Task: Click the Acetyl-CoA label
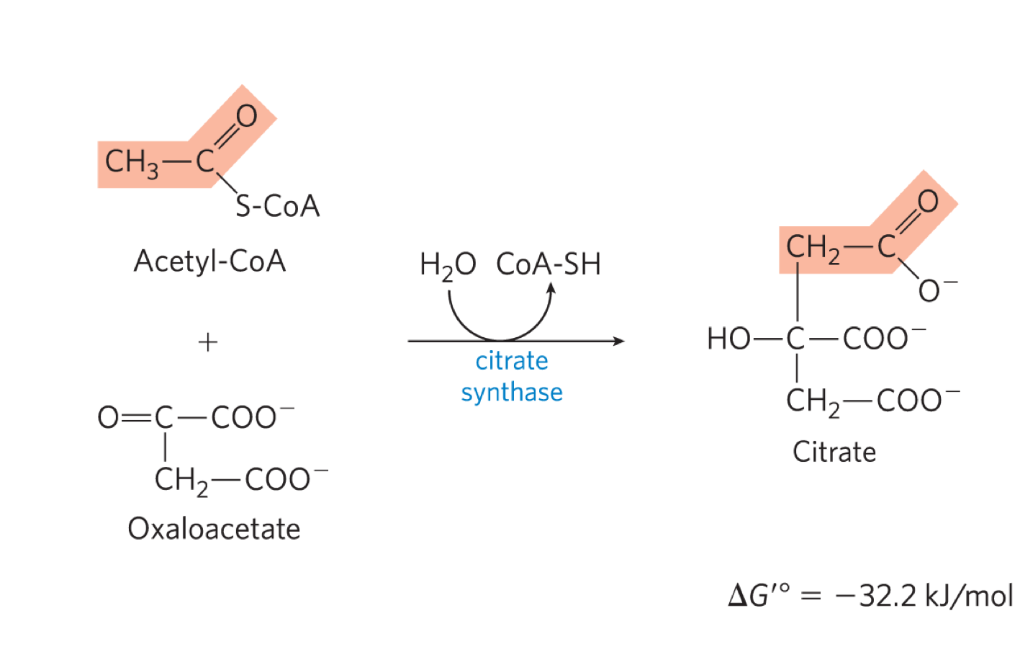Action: (209, 261)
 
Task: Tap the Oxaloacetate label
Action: (214, 529)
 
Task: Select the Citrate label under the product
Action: (834, 452)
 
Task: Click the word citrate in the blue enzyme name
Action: (512, 360)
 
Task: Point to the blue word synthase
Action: (512, 393)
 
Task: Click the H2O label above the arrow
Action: (447, 265)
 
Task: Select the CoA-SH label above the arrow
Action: (549, 264)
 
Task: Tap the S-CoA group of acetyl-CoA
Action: (278, 207)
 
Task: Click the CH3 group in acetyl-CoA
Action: (131, 162)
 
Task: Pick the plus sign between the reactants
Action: (208, 341)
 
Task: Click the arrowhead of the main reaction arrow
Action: (619, 341)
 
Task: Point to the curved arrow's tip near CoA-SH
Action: (551, 287)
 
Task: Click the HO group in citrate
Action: (728, 339)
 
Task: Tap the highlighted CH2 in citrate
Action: (812, 249)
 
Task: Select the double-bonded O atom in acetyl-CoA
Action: (246, 116)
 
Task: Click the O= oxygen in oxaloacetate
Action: (109, 417)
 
